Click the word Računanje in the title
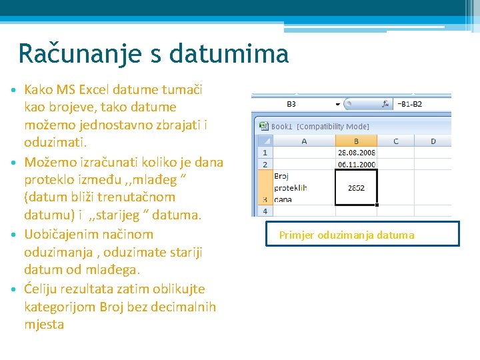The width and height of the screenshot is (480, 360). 74,53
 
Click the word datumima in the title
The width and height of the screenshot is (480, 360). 229,53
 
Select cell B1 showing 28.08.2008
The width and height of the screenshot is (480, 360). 356,153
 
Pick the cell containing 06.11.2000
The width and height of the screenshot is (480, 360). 356,164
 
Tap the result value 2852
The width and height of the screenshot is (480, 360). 356,188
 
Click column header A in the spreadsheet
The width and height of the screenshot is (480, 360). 304,141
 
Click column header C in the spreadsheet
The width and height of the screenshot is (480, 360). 395,141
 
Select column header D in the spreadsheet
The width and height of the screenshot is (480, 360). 433,141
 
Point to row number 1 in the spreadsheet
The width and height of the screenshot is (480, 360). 265,153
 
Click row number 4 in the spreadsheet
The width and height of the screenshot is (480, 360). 265,211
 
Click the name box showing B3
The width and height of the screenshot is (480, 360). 292,104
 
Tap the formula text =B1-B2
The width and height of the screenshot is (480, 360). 410,104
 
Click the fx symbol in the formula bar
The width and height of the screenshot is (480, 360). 385,104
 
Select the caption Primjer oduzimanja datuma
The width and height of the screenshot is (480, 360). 347,235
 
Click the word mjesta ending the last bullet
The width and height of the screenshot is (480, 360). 44,325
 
